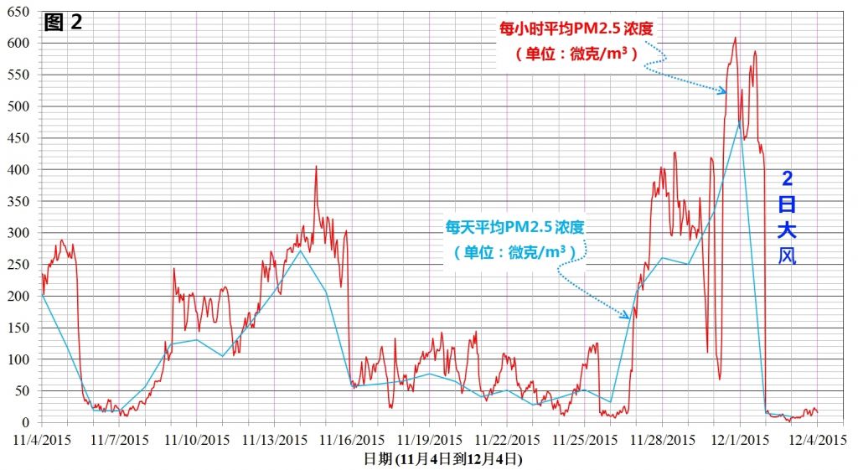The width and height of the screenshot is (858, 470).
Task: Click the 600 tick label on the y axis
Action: pos(20,43)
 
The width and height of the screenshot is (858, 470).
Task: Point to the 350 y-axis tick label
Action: pos(20,201)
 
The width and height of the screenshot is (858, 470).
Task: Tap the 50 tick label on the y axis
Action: pos(23,390)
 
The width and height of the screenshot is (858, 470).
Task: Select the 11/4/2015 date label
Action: pos(41,438)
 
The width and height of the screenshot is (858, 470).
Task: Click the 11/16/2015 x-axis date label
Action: pos(352,438)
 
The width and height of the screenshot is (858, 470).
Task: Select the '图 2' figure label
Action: pos(63,23)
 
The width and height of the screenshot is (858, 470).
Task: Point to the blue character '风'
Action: pos(787,255)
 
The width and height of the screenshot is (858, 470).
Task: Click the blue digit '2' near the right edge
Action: pos(788,178)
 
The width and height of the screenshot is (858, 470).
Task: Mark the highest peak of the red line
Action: pos(735,38)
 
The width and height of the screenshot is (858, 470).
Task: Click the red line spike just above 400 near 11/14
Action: pos(316,167)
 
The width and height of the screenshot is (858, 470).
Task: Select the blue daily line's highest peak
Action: pos(739,122)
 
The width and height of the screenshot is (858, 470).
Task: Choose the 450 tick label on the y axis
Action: pos(20,138)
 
